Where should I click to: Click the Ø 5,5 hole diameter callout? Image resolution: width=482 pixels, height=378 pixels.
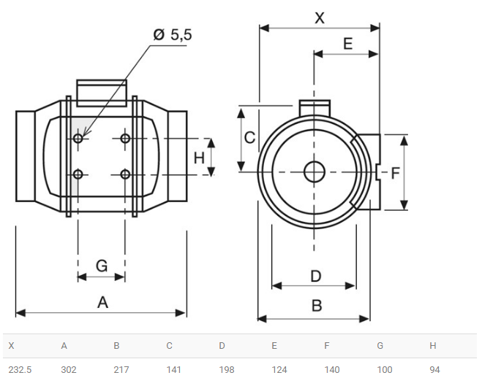click(173, 34)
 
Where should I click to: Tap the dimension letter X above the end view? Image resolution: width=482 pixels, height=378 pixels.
click(320, 18)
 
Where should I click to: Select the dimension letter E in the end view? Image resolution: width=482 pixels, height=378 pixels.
click(347, 44)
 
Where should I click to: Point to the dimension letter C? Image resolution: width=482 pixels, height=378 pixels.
click(249, 137)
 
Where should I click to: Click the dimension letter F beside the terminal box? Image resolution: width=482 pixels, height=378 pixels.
click(395, 173)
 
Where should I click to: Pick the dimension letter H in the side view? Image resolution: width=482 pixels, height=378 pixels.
click(199, 158)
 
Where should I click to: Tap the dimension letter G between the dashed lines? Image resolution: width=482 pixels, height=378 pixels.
click(102, 266)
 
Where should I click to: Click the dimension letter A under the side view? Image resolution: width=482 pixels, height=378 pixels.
click(102, 303)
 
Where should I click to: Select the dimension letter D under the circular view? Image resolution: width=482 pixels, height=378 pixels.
click(316, 276)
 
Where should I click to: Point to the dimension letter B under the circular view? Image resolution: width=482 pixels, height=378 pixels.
click(317, 306)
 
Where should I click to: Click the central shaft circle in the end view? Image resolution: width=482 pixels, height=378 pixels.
click(315, 172)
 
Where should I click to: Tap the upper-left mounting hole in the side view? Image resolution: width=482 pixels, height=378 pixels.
click(78, 139)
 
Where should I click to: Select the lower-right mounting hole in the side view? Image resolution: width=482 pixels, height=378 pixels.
click(125, 174)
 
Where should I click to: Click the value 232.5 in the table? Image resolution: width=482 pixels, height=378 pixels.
click(20, 370)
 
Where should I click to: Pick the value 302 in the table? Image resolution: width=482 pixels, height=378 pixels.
click(69, 370)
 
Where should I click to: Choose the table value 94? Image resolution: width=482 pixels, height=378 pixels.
click(434, 370)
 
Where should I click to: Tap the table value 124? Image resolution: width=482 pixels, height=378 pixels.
click(279, 370)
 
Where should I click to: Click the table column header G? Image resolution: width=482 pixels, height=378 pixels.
click(380, 346)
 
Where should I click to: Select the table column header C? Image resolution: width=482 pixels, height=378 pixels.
click(170, 346)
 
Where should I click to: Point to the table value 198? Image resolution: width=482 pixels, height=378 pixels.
click(227, 370)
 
